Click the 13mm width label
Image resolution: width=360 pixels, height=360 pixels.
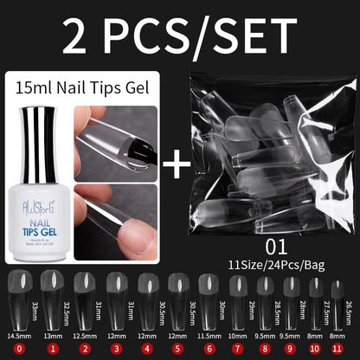tap(52, 334)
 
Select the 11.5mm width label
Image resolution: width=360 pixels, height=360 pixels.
tap(209, 334)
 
